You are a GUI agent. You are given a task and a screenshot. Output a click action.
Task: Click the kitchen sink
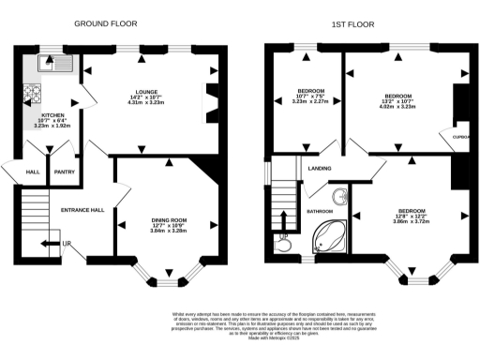point(48,65)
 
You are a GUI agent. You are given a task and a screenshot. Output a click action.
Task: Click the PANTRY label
point(64,172)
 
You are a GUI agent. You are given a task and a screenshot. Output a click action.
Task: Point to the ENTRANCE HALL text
point(82,210)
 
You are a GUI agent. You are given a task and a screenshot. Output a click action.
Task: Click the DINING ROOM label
point(170,221)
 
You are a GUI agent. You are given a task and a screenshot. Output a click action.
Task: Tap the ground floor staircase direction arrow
point(47,246)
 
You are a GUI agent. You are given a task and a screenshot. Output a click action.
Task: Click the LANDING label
point(319,169)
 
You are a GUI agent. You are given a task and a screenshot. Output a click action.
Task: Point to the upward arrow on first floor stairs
point(284,220)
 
